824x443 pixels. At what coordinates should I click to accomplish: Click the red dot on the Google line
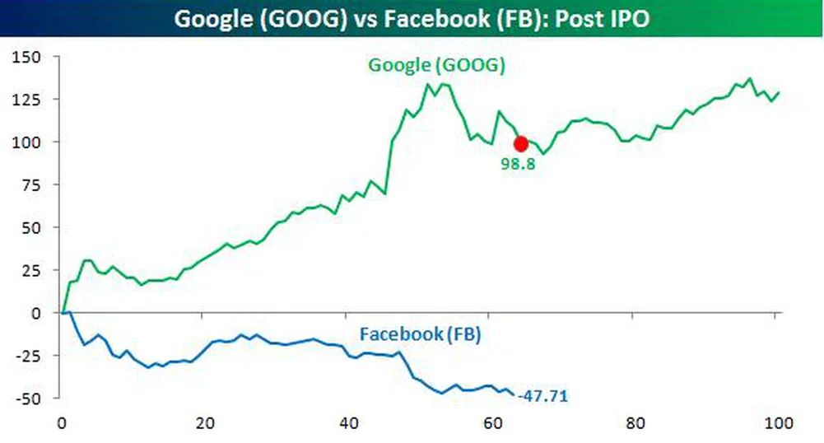click(x=520, y=143)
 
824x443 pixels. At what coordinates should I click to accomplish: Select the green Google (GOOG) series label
click(x=436, y=67)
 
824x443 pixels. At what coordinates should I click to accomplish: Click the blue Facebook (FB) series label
click(x=420, y=335)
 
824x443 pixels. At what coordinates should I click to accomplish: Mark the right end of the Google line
click(x=779, y=92)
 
